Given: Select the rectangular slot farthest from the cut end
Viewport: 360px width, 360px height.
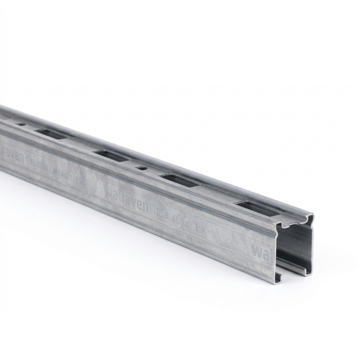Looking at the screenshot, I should pyautogui.click(x=51, y=134).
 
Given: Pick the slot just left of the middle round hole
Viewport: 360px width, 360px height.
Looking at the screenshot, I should pyautogui.click(x=111, y=155).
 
